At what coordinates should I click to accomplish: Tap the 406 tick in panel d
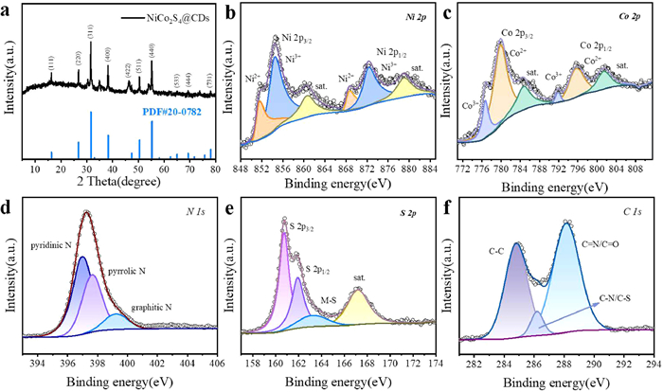tap(216, 362)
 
